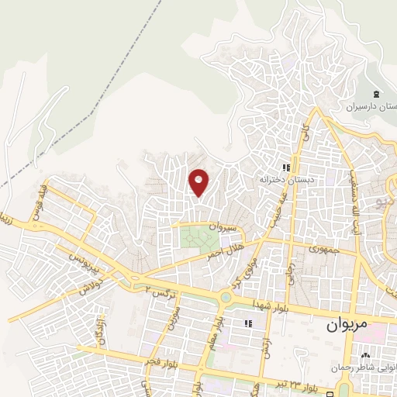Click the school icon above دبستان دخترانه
point(286,167)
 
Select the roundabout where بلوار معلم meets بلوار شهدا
point(226,297)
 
